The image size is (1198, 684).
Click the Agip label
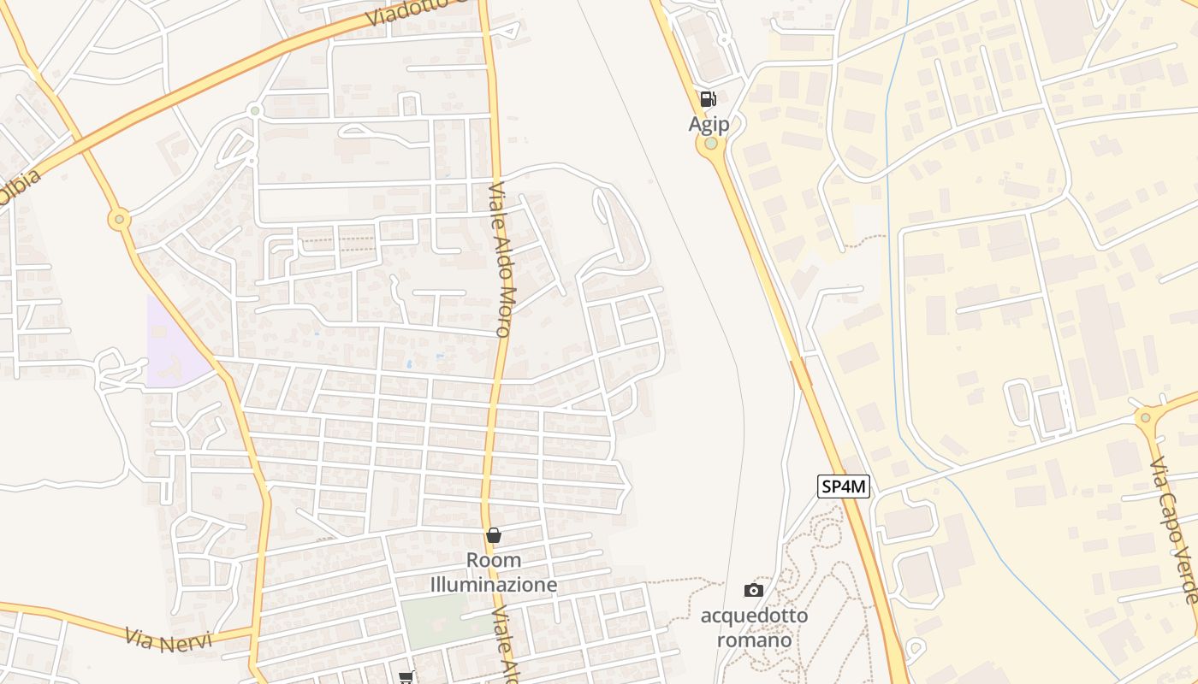pos(709,125)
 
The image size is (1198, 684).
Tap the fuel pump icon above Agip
pos(708,99)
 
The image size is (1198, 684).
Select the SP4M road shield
pos(844,487)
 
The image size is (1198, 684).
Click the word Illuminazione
pos(494,585)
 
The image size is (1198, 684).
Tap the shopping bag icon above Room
pos(494,535)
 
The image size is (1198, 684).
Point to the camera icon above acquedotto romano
pos(754,590)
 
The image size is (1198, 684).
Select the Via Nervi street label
pos(168,639)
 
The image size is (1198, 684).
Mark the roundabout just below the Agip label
pos(711,144)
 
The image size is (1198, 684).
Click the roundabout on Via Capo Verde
pos(1146,417)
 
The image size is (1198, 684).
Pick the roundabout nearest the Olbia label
pos(119,220)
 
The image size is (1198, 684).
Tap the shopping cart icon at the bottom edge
pos(406,677)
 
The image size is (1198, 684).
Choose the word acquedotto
pos(754,616)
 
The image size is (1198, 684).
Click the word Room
pos(494,561)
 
